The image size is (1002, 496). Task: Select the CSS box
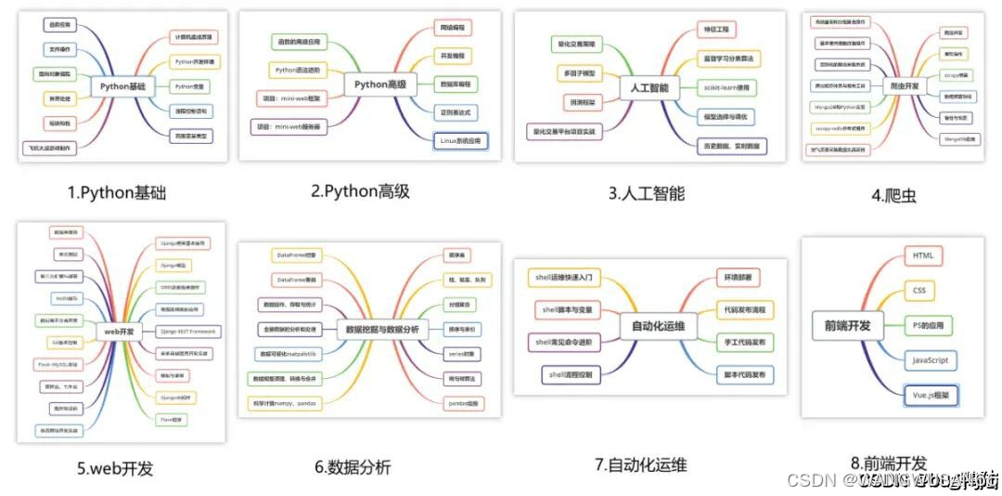(x=918, y=291)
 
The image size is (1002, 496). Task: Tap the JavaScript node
(x=930, y=359)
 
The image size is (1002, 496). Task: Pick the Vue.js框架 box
(x=931, y=395)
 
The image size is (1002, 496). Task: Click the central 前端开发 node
(x=847, y=325)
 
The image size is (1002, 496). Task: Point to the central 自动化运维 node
(x=658, y=326)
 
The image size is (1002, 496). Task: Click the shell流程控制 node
(x=572, y=374)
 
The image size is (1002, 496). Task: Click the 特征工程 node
(x=721, y=31)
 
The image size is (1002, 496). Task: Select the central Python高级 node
(x=380, y=85)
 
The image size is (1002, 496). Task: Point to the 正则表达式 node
(x=456, y=112)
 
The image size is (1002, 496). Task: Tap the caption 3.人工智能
(x=646, y=193)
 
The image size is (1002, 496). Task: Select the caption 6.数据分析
(x=353, y=467)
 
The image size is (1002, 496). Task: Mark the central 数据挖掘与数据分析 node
(x=381, y=329)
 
